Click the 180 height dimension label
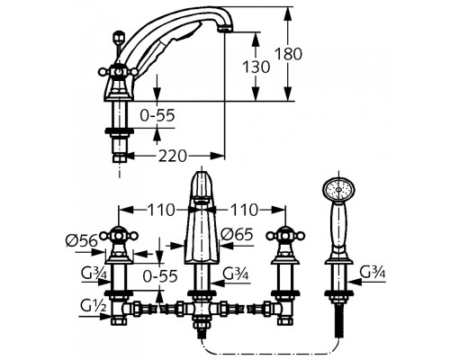click(x=288, y=54)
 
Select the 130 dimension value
click(x=256, y=67)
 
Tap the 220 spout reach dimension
click(x=172, y=156)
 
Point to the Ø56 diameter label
click(x=82, y=240)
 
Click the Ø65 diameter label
click(x=237, y=234)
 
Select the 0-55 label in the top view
click(x=157, y=115)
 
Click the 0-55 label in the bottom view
click(x=160, y=276)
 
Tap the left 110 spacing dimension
click(x=161, y=210)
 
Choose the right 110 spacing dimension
click(x=244, y=210)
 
